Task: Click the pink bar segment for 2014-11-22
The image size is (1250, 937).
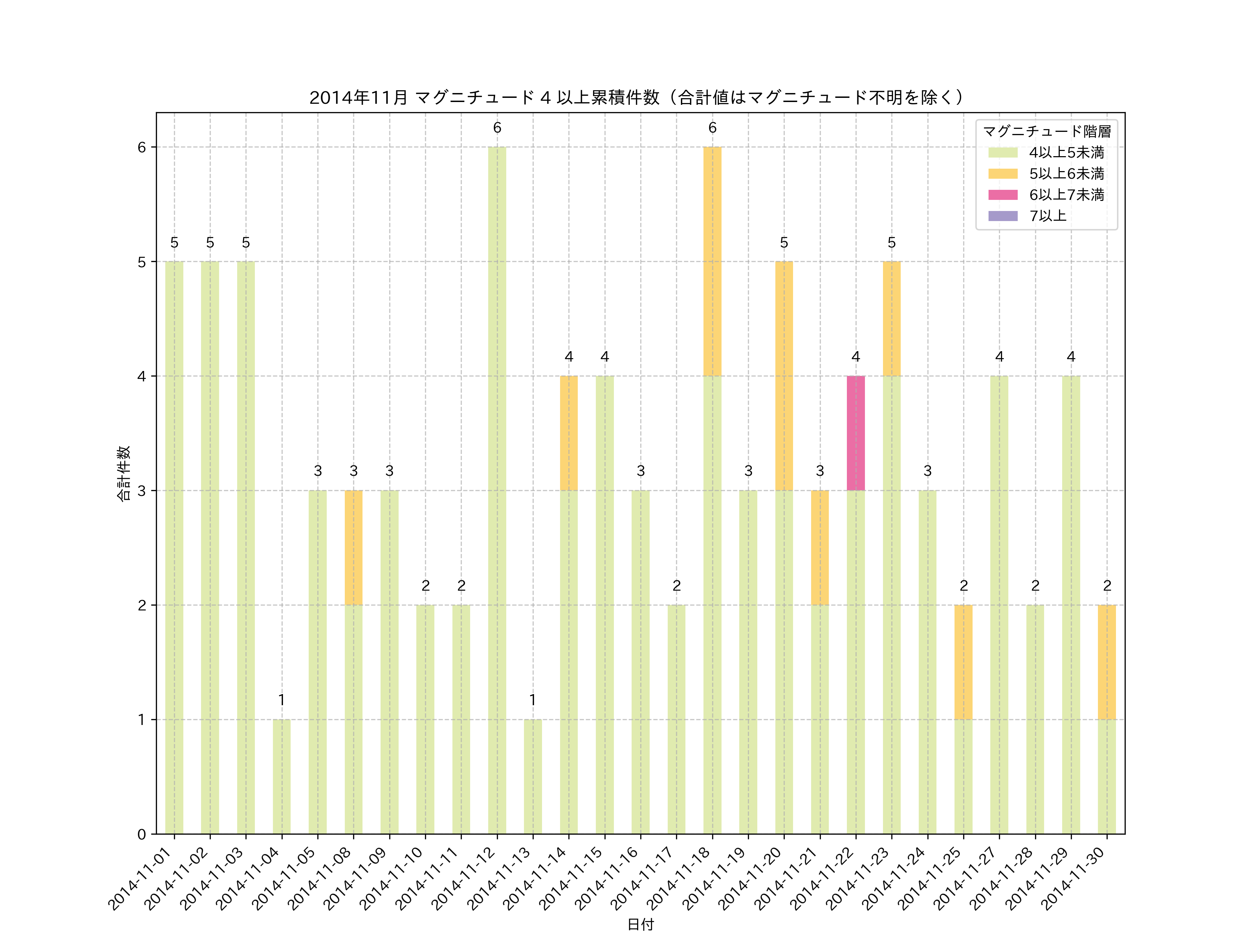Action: [856, 433]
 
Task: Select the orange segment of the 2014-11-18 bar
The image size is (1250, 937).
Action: [712, 262]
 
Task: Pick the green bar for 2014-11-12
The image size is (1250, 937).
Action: [497, 490]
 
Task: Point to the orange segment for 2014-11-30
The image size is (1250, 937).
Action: [1107, 662]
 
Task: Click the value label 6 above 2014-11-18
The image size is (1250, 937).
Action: [712, 128]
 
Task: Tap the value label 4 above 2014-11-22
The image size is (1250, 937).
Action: [856, 357]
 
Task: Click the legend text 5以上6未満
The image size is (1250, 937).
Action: [1066, 174]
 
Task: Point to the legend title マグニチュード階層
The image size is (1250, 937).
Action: [1047, 132]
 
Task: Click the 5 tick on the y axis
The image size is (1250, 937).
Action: [142, 262]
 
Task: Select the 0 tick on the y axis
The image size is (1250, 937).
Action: [142, 834]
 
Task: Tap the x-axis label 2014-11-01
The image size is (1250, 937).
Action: [141, 878]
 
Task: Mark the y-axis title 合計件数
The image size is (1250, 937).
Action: [124, 473]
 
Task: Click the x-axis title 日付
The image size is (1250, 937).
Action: [640, 924]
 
